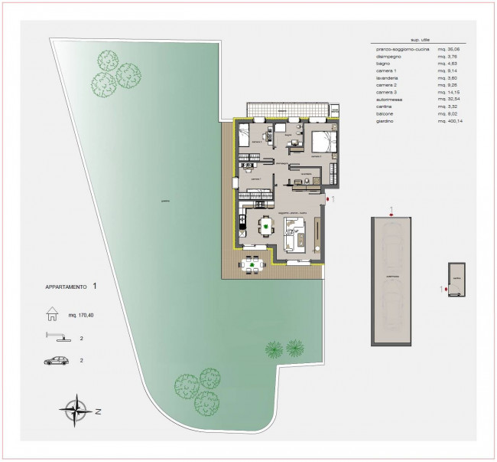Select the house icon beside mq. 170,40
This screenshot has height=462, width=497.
(x=53, y=313)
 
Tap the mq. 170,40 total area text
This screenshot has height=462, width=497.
(x=82, y=313)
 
